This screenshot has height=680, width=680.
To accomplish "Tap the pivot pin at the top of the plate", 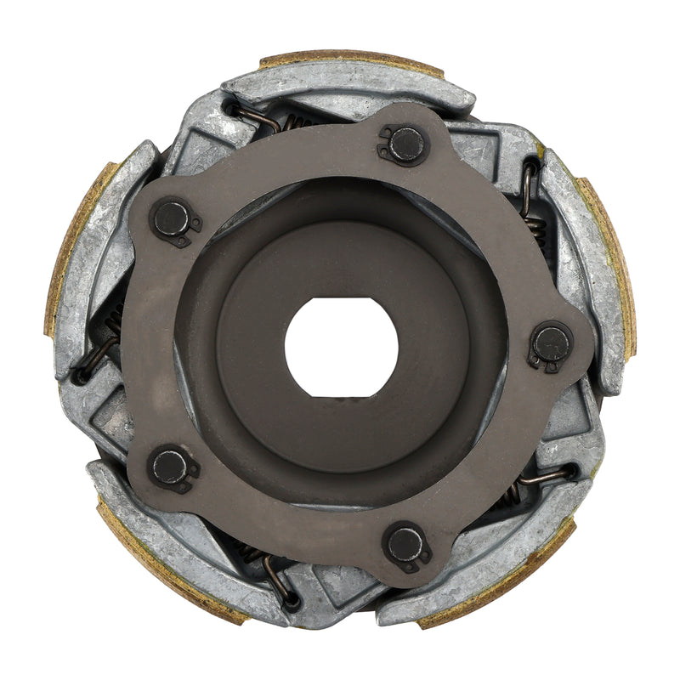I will point(406,144).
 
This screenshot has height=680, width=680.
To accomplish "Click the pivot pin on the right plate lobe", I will point(551,343).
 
